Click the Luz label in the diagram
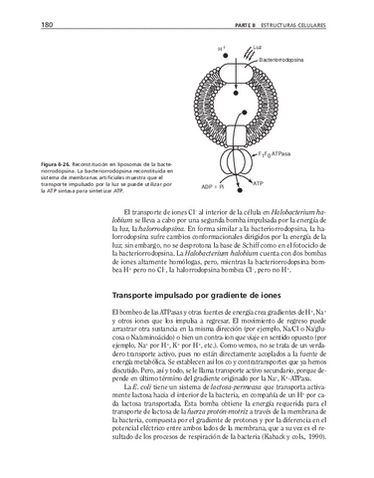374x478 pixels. (x=256, y=47)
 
